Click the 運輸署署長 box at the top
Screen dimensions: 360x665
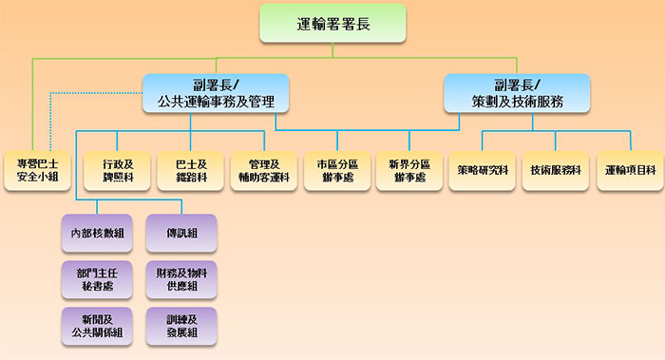332,24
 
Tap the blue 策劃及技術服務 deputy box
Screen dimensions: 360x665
517,92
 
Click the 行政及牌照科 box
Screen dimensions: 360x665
116,170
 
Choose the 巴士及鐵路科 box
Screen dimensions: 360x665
189,170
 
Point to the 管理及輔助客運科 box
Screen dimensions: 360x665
262,170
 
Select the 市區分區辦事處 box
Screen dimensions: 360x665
335,170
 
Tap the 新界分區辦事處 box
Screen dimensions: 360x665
408,170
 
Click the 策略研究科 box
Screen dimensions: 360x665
482,170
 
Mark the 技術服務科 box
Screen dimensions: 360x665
555,170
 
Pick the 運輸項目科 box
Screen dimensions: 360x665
628,170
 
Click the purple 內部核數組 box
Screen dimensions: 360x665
96,233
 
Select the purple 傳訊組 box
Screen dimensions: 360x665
181,233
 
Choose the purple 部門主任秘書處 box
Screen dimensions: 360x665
96,278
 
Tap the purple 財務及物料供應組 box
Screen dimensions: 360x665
181,278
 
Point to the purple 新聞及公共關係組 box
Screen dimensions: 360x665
96,325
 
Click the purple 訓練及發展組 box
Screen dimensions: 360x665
181,325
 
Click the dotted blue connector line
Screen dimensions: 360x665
95,92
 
